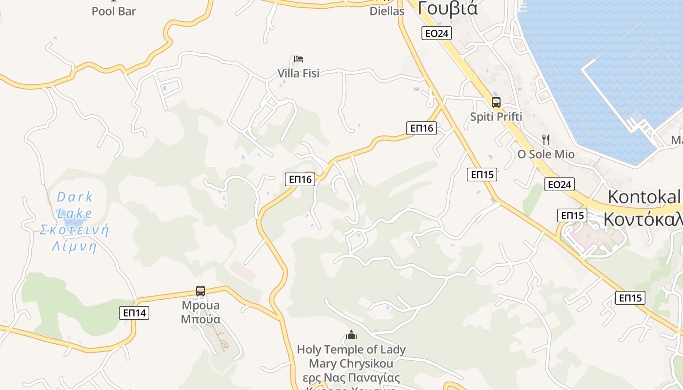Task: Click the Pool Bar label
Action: [114, 11]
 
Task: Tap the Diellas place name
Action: [387, 11]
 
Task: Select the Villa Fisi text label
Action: [299, 73]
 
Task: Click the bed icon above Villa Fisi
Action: [299, 59]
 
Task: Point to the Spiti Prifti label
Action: [496, 117]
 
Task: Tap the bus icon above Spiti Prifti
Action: [496, 102]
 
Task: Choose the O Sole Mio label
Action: [546, 155]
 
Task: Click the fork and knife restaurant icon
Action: [546, 140]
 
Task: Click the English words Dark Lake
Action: [75, 205]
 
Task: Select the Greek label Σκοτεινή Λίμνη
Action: [74, 238]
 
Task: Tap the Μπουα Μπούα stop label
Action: [201, 312]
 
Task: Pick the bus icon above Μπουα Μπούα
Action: [201, 291]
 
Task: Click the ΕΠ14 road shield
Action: [134, 313]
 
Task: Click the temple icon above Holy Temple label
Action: [351, 335]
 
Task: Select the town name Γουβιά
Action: [448, 8]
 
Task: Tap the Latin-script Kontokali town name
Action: [644, 197]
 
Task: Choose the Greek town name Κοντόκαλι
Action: [643, 219]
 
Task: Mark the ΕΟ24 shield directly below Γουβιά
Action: [437, 33]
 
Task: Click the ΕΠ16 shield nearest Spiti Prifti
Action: [422, 128]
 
